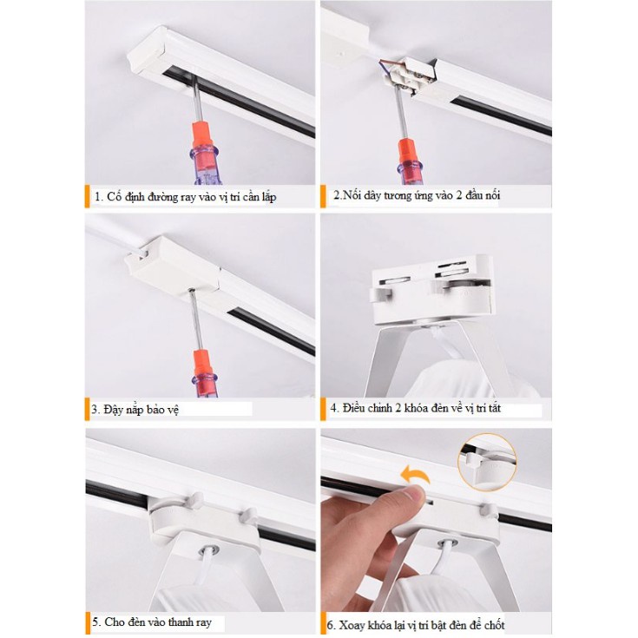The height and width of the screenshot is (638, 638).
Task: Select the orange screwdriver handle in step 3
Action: click(x=203, y=365)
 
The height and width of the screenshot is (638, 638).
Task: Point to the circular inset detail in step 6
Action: click(x=487, y=462)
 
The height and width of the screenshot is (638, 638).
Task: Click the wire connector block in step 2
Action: click(x=408, y=76)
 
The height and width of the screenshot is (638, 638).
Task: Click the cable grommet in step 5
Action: click(x=208, y=551)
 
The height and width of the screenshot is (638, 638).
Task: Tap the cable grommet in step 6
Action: click(x=447, y=543)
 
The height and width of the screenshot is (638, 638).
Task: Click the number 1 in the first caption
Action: click(x=97, y=197)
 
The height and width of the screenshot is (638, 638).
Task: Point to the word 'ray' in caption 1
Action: click(x=188, y=198)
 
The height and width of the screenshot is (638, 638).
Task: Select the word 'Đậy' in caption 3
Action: click(x=113, y=410)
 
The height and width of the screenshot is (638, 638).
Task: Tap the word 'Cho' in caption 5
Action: click(x=115, y=622)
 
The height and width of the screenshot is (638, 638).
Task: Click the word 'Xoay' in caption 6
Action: click(x=352, y=625)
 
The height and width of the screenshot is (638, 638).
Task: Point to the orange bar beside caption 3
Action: click(x=87, y=409)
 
